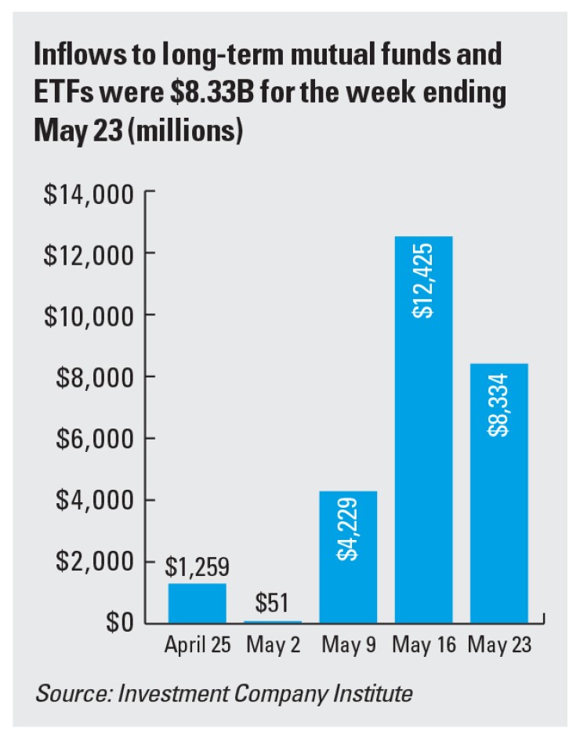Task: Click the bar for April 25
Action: point(198,603)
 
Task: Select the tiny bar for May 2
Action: point(273,621)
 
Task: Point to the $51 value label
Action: point(273,604)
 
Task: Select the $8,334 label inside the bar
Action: point(499,407)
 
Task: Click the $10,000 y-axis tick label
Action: point(88,315)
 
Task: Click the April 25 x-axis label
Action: point(198,645)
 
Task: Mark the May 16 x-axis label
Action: point(423,645)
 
